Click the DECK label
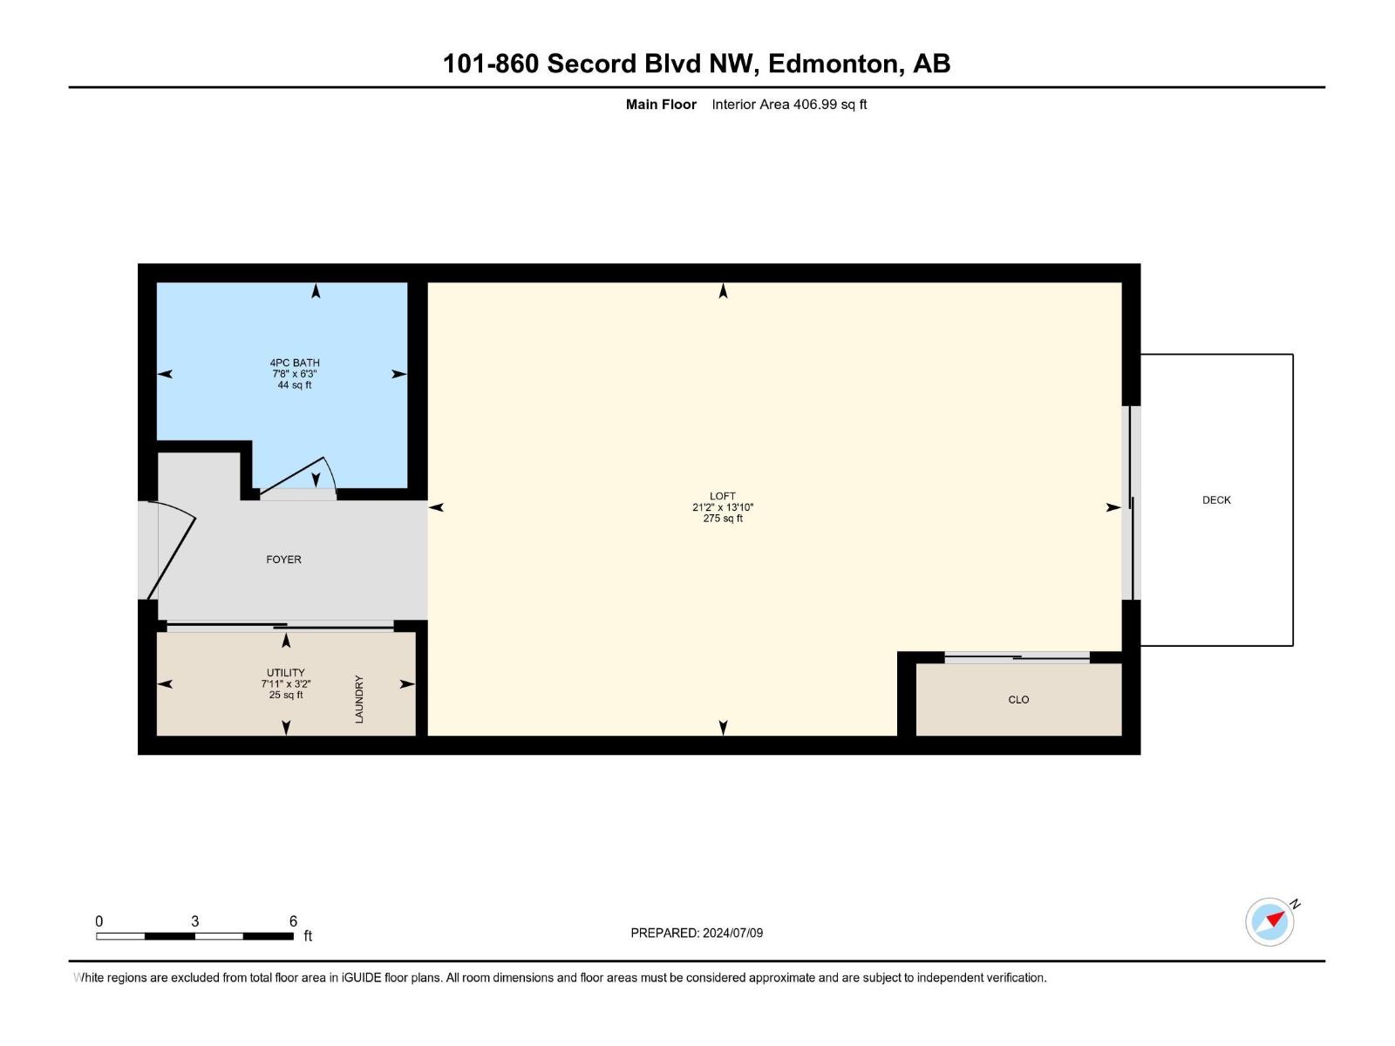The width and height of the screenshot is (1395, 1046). (x=1215, y=499)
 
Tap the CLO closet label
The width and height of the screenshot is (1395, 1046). (x=1018, y=699)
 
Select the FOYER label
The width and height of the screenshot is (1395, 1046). (x=283, y=559)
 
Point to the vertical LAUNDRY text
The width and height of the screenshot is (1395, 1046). (x=359, y=698)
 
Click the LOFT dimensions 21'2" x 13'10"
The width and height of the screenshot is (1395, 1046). (x=723, y=506)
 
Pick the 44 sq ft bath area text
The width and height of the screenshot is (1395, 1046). (x=294, y=385)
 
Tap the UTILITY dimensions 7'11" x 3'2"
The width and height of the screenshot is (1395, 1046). (x=285, y=684)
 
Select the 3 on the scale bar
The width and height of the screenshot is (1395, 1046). (x=194, y=920)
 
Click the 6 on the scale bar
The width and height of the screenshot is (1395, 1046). (x=293, y=920)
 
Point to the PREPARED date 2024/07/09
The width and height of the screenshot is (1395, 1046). (x=732, y=933)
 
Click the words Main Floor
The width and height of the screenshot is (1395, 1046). (x=661, y=104)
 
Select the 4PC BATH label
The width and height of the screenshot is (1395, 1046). (x=294, y=363)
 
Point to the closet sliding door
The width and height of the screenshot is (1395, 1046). (x=1017, y=656)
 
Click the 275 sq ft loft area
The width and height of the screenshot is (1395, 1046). (x=723, y=519)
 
